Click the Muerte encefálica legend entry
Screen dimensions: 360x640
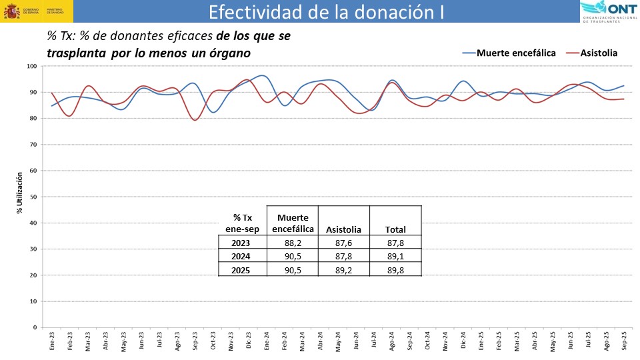[516, 53]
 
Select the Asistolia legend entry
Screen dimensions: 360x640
[599, 53]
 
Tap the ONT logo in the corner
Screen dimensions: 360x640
[609, 11]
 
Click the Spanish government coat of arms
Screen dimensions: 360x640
[12, 11]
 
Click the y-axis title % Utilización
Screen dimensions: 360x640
[19, 193]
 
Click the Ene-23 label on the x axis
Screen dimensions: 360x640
[53, 341]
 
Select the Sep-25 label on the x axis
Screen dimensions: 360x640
[624, 341]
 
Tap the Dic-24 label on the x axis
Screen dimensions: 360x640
[463, 341]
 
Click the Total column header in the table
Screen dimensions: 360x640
[395, 230]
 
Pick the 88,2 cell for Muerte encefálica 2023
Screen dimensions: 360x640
[293, 243]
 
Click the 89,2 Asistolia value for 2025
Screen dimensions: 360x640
[344, 269]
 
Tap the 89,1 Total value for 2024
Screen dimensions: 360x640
[395, 256]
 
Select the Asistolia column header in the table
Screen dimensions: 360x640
[344, 230]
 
